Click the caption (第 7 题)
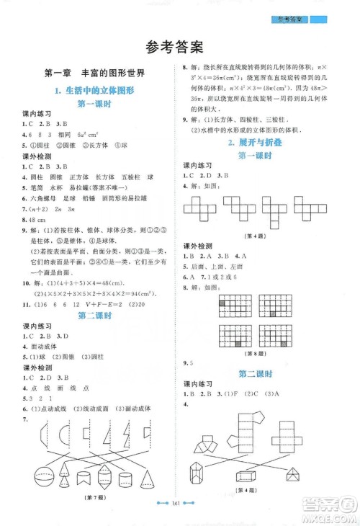[x=94, y=498]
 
